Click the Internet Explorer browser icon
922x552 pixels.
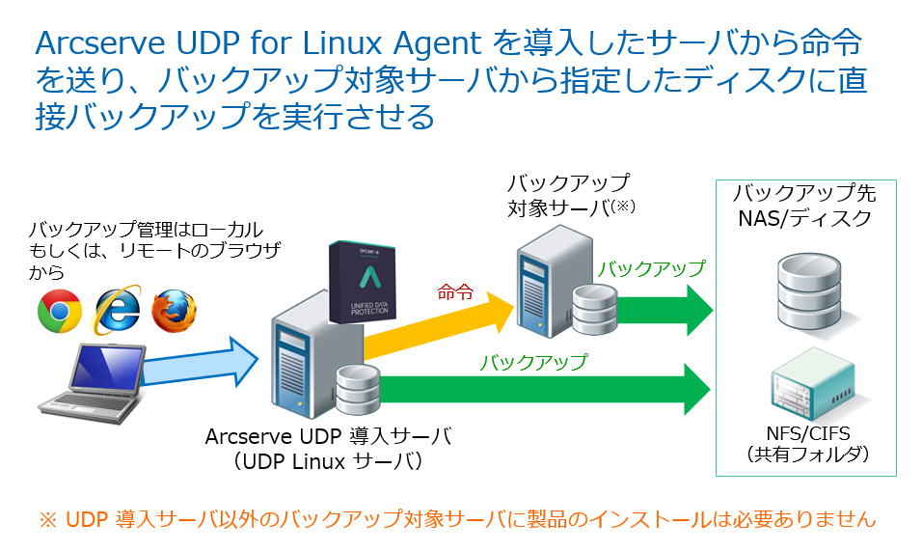(x=117, y=308)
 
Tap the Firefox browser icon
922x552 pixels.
(x=174, y=309)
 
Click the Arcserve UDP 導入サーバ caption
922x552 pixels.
(x=328, y=435)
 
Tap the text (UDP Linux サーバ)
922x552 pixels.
(x=328, y=461)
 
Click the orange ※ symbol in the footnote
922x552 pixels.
(x=48, y=519)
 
